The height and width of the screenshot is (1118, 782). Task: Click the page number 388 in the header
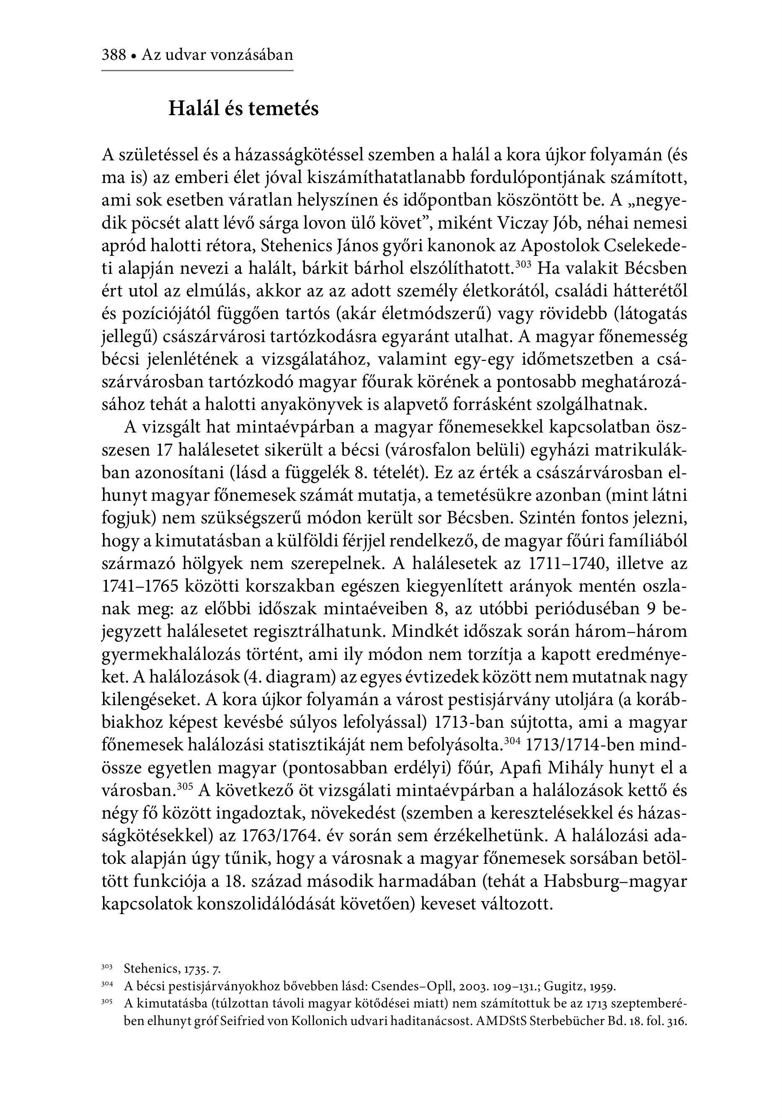click(114, 54)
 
